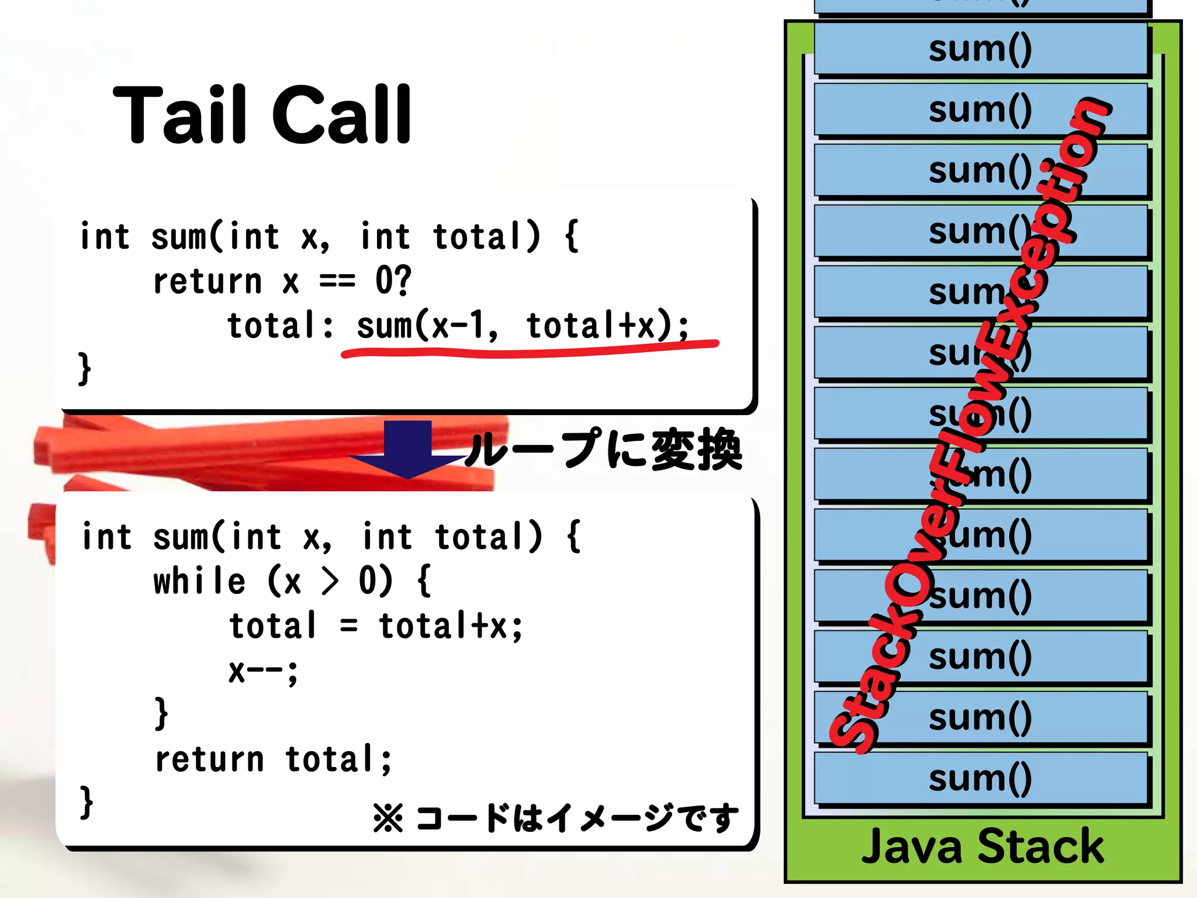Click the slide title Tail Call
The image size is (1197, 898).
pos(262,115)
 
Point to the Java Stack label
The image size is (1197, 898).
pos(982,846)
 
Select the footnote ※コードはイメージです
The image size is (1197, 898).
pos(555,817)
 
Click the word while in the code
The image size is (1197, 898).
pos(199,582)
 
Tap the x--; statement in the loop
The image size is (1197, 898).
pos(263,671)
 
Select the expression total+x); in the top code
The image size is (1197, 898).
pos(608,326)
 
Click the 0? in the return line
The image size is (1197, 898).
pos(393,281)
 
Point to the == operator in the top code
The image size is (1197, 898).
pos(337,282)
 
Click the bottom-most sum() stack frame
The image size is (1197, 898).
pos(980,779)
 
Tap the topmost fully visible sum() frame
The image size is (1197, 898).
pos(980,49)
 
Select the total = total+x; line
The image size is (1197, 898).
pos(376,626)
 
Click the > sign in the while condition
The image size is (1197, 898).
pos(330,582)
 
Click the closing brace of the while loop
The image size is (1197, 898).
pos(161,713)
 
